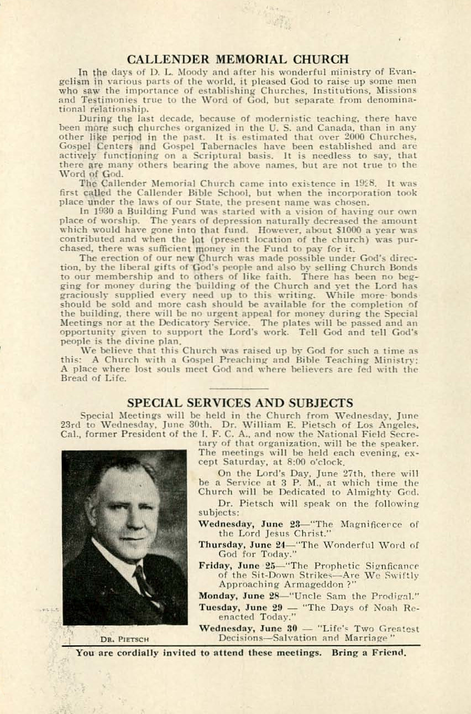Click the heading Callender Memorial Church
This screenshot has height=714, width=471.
point(238,59)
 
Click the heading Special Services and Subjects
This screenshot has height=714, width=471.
point(240,403)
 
